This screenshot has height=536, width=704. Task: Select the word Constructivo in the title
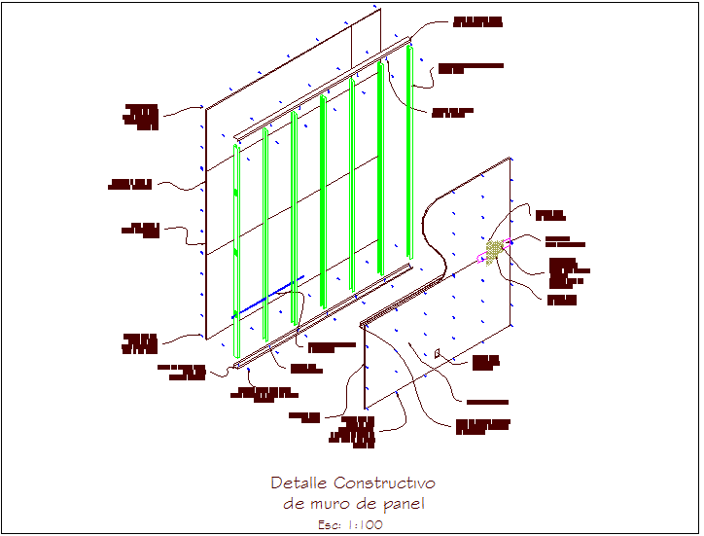tap(384, 483)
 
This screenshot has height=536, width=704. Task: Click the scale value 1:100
tap(366, 524)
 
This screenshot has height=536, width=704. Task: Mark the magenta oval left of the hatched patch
tap(482, 258)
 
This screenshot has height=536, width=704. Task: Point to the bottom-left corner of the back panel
tap(206, 339)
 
